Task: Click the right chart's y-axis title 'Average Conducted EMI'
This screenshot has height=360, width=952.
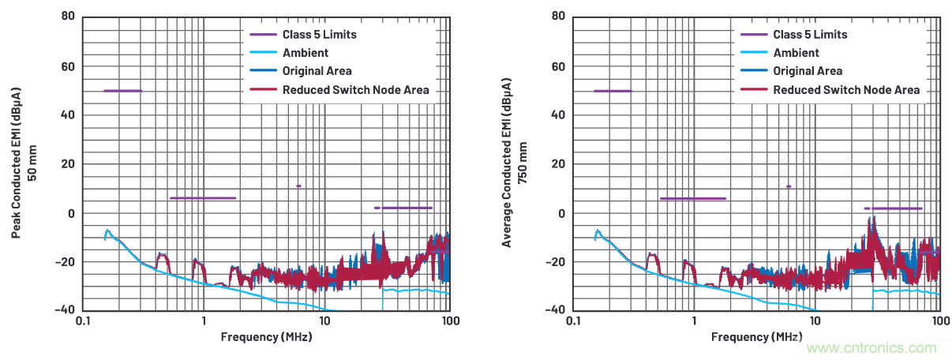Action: [x=507, y=162]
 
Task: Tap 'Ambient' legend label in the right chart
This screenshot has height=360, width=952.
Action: [x=796, y=53]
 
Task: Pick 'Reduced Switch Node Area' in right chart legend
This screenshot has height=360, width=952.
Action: [x=846, y=90]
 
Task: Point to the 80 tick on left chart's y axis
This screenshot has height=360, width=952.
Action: [x=68, y=17]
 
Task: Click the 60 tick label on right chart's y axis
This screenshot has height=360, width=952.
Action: [x=559, y=66]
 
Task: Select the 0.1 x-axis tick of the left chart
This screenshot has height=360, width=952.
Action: [x=82, y=322]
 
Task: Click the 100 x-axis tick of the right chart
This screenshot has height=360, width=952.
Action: [x=940, y=322]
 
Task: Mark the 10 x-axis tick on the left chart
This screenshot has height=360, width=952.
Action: [x=324, y=322]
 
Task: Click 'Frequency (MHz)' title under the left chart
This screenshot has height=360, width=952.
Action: [x=266, y=337]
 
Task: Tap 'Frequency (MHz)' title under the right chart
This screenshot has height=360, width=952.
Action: [x=756, y=337]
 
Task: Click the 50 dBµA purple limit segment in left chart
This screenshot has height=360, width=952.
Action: [x=122, y=91]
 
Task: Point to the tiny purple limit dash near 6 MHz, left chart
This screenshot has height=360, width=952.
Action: [x=298, y=186]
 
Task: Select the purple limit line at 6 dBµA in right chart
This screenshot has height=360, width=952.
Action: [x=692, y=199]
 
